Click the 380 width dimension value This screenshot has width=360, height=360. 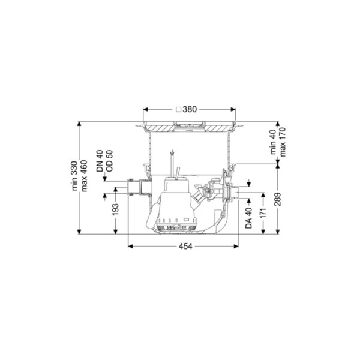click(x=190, y=109)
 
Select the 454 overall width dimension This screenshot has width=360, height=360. click(x=185, y=247)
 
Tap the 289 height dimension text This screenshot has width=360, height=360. click(x=278, y=199)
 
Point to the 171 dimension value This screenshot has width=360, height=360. click(x=263, y=213)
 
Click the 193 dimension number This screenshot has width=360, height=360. click(x=115, y=209)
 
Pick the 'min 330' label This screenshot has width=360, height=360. click(x=74, y=176)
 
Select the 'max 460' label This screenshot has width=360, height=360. click(x=84, y=176)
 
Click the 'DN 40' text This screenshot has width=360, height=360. click(x=100, y=161)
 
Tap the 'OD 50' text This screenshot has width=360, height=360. click(x=110, y=161)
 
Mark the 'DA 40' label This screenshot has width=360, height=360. click(x=248, y=218)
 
